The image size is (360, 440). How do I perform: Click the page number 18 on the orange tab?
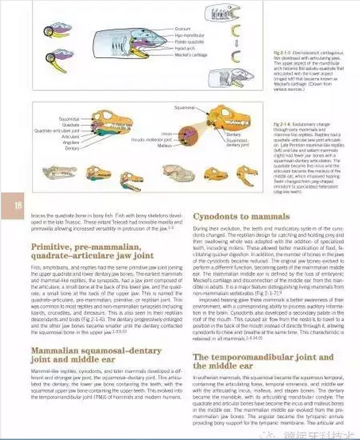click(x=18, y=205)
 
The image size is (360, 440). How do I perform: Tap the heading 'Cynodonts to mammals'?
click(x=241, y=217)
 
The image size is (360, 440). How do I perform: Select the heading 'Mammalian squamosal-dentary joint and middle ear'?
click(x=82, y=354)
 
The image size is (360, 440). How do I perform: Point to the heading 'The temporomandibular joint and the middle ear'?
click(x=263, y=362)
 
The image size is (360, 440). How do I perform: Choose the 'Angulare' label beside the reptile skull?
click(x=70, y=142)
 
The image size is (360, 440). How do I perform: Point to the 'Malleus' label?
click(x=165, y=145)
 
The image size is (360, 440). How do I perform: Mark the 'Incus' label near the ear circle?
click(x=166, y=134)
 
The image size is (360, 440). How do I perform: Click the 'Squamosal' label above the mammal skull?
click(x=184, y=107)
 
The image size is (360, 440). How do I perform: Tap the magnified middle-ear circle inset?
click(x=188, y=135)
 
